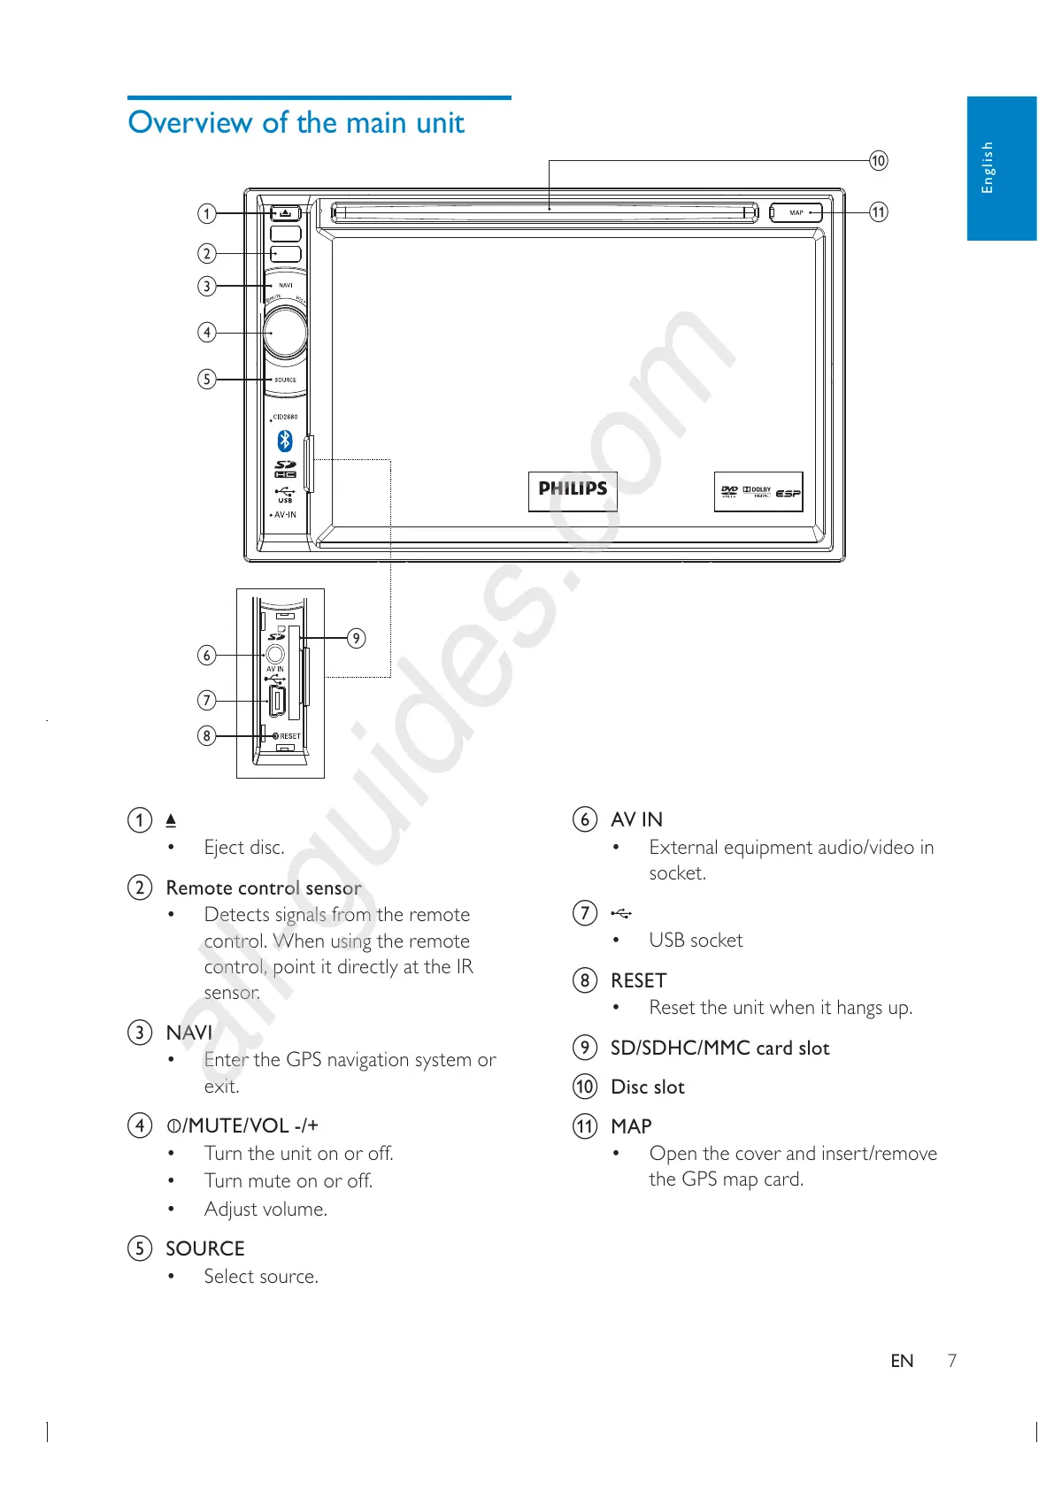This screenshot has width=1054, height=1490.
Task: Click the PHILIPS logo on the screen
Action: tap(573, 489)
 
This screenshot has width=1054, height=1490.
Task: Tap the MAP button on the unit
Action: tap(796, 213)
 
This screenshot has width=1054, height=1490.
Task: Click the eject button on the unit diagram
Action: tap(285, 213)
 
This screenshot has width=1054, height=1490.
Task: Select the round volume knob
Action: tap(286, 333)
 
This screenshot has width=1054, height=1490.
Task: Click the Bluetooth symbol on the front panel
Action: tap(285, 441)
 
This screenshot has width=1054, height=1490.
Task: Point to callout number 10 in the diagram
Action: tap(878, 161)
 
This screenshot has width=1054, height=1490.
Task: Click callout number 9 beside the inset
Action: tap(356, 638)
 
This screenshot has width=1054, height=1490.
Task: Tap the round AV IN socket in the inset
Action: tap(275, 655)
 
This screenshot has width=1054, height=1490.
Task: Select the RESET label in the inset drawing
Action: tap(289, 736)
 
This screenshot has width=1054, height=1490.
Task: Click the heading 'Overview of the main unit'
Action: tap(296, 122)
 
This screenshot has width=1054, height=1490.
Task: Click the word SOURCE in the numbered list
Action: tap(205, 1248)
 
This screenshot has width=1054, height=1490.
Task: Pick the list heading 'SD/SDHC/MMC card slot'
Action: tap(719, 1048)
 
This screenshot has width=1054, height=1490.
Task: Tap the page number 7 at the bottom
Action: tap(952, 1361)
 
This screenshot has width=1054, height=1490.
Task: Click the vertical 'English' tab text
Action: tap(988, 167)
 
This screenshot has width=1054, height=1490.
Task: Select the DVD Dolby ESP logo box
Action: tap(758, 492)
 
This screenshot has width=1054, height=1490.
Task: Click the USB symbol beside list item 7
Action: tap(621, 913)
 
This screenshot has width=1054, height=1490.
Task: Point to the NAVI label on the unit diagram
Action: tap(286, 286)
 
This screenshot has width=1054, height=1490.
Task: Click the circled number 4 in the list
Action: tap(140, 1125)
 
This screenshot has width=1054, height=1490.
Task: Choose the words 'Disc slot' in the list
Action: tap(648, 1087)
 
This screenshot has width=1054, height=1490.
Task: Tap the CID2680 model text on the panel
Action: tap(285, 417)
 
